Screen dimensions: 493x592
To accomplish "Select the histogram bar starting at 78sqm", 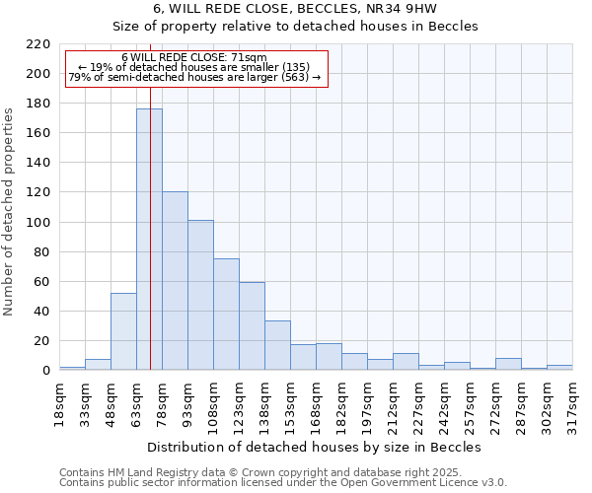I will tap(175, 281).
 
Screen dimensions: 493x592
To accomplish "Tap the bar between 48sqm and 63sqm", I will tap(123, 331).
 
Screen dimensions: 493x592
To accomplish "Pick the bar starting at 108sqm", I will tap(226, 315).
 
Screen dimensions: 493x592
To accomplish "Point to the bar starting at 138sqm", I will tap(277, 345).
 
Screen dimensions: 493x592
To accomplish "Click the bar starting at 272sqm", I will tap(508, 364).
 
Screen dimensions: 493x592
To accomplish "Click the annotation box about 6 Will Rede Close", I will tap(194, 68).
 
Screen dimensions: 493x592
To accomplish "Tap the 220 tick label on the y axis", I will tap(37, 44).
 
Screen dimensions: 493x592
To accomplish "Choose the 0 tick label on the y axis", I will tap(45, 371).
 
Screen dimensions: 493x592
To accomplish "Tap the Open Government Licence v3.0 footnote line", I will tap(283, 482).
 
